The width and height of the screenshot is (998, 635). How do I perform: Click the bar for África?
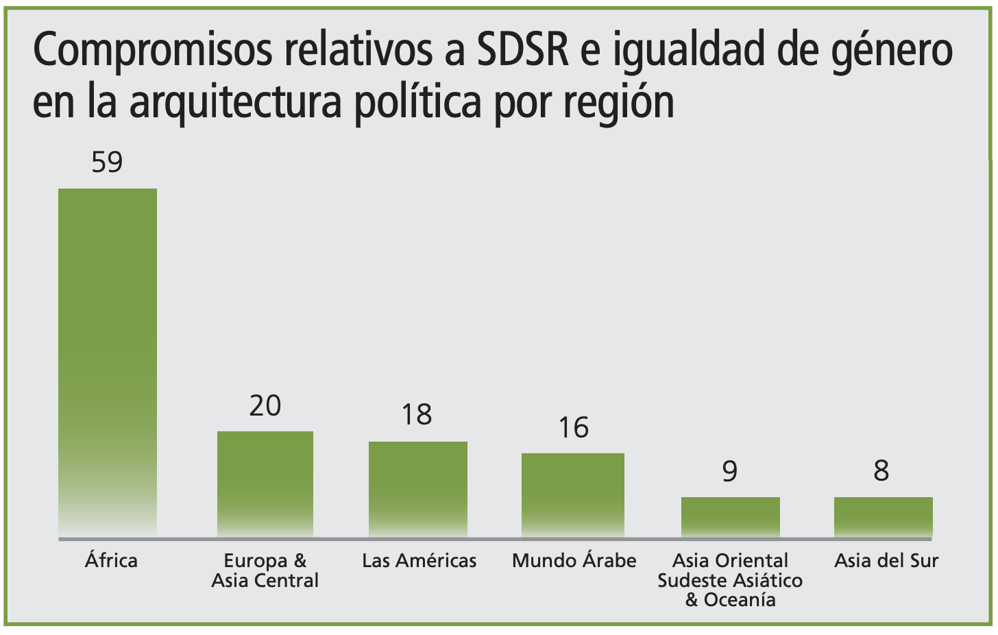point(108,362)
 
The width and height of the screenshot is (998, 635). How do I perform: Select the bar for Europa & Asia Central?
point(265,483)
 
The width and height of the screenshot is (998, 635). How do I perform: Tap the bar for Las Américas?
point(418,489)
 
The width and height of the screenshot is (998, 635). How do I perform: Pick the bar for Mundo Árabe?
point(573,494)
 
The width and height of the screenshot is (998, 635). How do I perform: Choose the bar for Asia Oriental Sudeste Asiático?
point(731,516)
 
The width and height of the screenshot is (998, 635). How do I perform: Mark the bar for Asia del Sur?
point(883,516)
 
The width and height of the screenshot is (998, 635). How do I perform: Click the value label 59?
point(107,163)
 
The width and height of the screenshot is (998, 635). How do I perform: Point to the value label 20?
point(265,406)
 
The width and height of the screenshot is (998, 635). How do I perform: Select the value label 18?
point(417,415)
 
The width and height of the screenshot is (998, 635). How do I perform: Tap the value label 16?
point(573,428)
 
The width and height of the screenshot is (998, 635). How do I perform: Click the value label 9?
point(730,472)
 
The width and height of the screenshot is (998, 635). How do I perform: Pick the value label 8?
point(881,471)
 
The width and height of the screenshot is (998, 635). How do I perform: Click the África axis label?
point(111,560)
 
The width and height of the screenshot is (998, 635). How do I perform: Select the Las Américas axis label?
point(419,560)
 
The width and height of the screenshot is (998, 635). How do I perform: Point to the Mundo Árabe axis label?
point(574,560)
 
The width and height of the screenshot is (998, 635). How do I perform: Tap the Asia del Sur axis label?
point(886,560)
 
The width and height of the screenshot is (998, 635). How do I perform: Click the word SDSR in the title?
point(523,50)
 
